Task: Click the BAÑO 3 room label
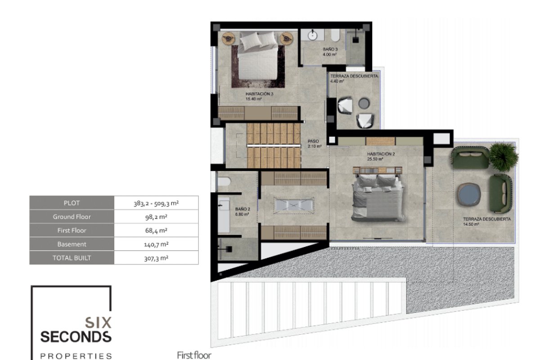click(x=330, y=49)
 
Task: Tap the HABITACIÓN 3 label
click(x=259, y=94)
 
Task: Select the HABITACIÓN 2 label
click(x=381, y=154)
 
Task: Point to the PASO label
click(x=313, y=141)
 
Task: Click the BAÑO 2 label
click(x=243, y=209)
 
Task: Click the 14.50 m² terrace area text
click(x=471, y=225)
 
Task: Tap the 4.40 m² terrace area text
click(x=337, y=81)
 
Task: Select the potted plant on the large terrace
click(x=504, y=157)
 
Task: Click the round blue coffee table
click(x=468, y=194)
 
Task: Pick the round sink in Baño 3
click(x=313, y=36)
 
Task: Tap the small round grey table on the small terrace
click(x=364, y=103)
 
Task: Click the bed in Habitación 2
click(x=378, y=194)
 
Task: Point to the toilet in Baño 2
click(x=224, y=181)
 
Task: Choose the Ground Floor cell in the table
click(x=72, y=216)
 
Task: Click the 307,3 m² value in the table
click(x=156, y=258)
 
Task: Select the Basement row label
click(x=72, y=244)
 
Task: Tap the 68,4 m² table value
click(x=156, y=230)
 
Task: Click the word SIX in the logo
click(x=99, y=323)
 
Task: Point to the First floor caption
click(x=194, y=355)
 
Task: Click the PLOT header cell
click(x=72, y=203)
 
